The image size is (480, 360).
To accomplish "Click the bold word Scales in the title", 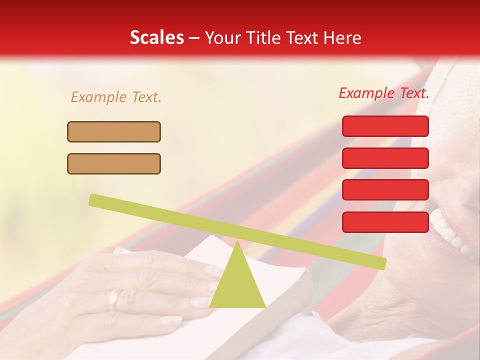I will click(156, 38).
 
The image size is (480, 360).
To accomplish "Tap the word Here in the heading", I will click(343, 38).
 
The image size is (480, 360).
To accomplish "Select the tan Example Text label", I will click(116, 97).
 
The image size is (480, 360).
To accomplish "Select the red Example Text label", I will click(384, 93).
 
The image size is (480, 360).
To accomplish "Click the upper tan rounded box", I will click(114, 132).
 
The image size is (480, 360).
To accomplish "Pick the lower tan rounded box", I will click(114, 164).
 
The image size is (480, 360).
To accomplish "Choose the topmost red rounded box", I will click(385, 126).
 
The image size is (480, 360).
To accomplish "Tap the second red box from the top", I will click(385, 158).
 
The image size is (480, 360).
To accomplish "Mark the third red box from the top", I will click(385, 190).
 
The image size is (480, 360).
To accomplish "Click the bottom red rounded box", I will click(385, 222).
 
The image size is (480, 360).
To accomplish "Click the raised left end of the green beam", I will click(95, 199).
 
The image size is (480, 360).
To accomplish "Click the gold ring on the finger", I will click(114, 299).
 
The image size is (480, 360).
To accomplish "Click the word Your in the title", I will click(220, 38).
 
